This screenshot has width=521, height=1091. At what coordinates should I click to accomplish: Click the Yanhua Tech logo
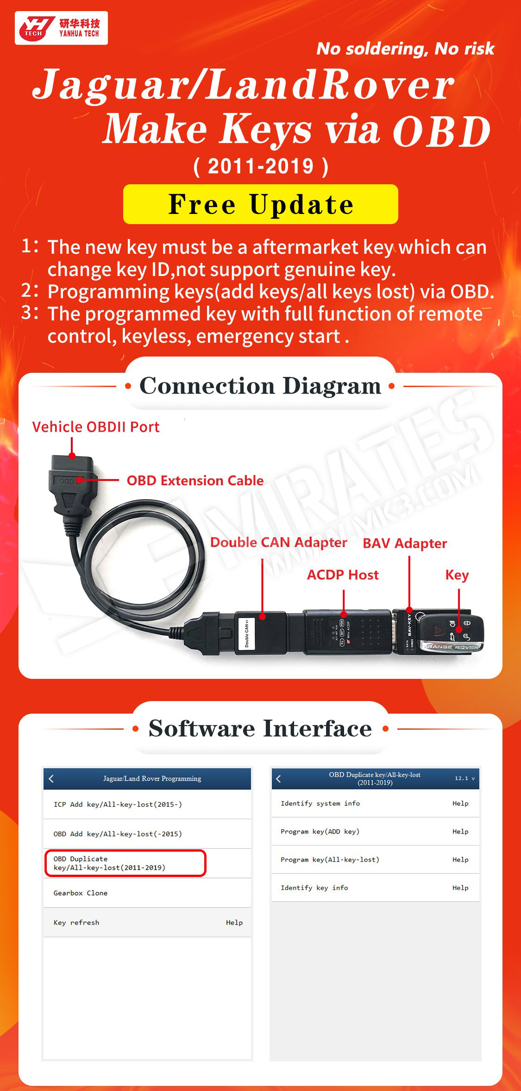[61, 28]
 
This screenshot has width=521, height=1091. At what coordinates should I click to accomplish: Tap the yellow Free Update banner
[260, 204]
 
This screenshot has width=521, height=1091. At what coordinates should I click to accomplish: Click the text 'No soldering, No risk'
[405, 49]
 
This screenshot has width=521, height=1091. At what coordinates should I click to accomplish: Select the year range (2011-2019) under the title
[261, 167]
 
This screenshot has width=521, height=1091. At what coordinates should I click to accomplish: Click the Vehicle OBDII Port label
[96, 427]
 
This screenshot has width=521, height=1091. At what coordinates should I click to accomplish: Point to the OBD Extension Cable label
[195, 481]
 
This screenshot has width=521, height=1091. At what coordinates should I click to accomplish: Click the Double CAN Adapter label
[278, 542]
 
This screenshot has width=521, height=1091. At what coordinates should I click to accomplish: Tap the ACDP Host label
[343, 575]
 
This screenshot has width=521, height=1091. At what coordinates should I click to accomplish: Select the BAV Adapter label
[405, 543]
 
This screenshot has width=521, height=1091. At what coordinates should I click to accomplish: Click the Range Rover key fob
[451, 632]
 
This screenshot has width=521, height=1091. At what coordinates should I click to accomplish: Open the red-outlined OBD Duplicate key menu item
[125, 863]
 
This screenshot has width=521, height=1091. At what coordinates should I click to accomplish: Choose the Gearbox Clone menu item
[81, 893]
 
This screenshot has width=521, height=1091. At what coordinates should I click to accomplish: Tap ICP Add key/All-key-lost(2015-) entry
[118, 804]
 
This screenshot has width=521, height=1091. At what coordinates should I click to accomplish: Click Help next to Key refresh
[234, 922]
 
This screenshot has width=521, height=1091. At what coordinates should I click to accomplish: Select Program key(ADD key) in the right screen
[320, 831]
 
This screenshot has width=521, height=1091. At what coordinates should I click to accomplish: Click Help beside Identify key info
[460, 888]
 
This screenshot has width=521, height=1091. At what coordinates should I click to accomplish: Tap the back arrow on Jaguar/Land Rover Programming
[51, 778]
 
